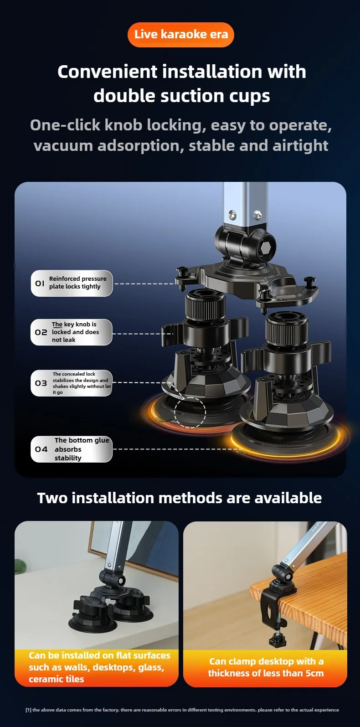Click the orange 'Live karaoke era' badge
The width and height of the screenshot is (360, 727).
coord(181,35)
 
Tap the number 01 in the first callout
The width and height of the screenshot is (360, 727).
coord(40,284)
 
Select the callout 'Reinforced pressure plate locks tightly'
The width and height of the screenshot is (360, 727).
coord(72,283)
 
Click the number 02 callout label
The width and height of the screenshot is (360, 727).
coord(41,332)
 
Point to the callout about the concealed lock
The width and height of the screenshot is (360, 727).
coord(72,383)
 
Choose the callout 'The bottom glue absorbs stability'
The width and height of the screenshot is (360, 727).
coord(72,449)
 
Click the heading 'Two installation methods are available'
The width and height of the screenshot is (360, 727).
coord(180,498)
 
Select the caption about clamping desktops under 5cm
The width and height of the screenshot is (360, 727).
coord(266,667)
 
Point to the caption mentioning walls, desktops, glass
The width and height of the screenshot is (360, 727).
coord(99,667)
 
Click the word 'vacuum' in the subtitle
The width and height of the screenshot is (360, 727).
coord(63,146)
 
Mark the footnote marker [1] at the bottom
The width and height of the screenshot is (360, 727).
coord(28,710)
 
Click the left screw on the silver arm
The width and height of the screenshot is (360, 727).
coord(232,214)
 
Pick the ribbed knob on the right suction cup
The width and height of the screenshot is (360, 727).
coord(286,326)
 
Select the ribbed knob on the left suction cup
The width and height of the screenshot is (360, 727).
coord(205,304)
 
